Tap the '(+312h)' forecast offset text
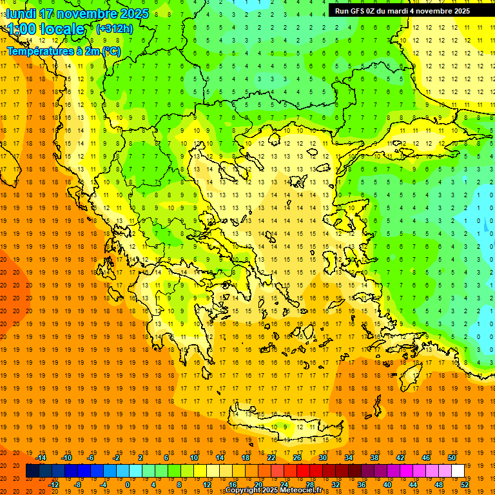(114, 28)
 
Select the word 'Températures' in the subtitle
(39, 50)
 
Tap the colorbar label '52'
(465, 485)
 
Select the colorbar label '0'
(127, 485)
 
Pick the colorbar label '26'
(296, 458)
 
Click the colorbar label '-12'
(53, 485)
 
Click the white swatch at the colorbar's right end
(458, 471)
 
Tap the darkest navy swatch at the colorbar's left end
(32, 471)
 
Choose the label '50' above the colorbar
(451, 458)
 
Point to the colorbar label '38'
(374, 458)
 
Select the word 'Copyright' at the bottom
(243, 490)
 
